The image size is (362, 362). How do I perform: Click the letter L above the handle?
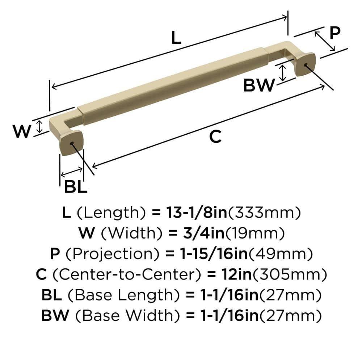coord(176,37)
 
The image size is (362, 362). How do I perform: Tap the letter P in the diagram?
coord(335,33)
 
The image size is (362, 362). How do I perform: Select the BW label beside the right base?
coord(258,85)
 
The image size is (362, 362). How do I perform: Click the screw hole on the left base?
coord(73,144)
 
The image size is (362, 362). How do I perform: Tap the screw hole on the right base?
coord(306,65)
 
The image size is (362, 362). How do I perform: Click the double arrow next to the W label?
coord(40,126)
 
